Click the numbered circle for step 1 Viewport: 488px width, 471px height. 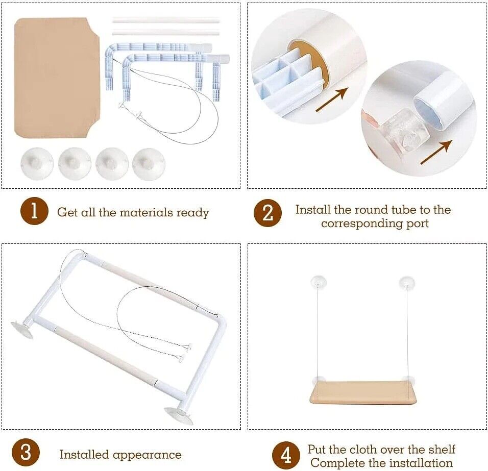tap(34, 211)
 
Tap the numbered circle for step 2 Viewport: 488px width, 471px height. tap(267, 213)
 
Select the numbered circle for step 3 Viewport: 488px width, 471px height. tap(26, 452)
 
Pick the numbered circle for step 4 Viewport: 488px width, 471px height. tap(286, 456)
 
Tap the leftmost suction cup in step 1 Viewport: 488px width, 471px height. tap(37, 163)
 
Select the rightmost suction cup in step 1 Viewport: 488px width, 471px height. tap(149, 164)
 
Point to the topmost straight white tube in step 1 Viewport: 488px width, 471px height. tap(166, 20)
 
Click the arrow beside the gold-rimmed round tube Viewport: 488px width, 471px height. tap(332, 100)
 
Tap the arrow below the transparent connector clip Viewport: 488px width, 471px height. tap(436, 152)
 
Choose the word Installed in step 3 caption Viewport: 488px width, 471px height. tap(84, 455)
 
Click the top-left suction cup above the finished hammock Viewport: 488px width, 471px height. tap(319, 282)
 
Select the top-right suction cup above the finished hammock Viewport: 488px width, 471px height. tap(407, 283)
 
